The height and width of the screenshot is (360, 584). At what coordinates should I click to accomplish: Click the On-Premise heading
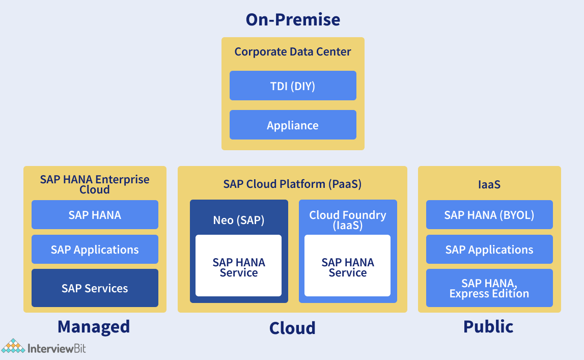point(293,20)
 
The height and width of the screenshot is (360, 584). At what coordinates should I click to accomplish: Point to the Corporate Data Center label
point(293,51)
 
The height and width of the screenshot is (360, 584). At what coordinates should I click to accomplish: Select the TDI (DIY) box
point(293,86)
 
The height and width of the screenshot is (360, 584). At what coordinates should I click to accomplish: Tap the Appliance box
point(293,125)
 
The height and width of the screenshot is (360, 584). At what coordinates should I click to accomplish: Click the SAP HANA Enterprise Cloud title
point(95,184)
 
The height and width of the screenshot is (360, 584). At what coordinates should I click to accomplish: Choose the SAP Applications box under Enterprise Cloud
point(95,249)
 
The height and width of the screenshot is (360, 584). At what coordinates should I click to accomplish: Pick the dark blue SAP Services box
point(95,288)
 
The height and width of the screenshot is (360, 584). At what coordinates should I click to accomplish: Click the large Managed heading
point(94,327)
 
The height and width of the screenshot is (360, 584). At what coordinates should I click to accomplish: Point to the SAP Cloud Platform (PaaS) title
point(292,184)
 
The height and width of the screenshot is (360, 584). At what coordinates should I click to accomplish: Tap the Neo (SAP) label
point(239,220)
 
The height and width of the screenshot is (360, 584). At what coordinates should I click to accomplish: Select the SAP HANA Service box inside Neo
point(238,265)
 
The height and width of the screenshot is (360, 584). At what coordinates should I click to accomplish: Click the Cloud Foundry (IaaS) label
point(347,220)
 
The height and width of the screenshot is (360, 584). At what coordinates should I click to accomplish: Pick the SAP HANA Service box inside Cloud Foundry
point(347,265)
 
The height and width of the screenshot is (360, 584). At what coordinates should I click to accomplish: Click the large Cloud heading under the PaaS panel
point(292,328)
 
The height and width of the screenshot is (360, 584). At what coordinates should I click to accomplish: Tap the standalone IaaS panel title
point(489,184)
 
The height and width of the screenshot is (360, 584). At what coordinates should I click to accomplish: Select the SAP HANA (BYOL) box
point(489,214)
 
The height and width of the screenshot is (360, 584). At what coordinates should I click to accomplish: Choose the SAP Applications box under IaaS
point(489,249)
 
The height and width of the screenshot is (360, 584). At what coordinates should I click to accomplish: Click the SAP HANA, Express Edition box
point(489,288)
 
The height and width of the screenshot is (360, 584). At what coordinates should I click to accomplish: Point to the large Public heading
point(488,326)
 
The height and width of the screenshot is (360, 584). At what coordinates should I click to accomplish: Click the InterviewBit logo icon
point(13,346)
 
